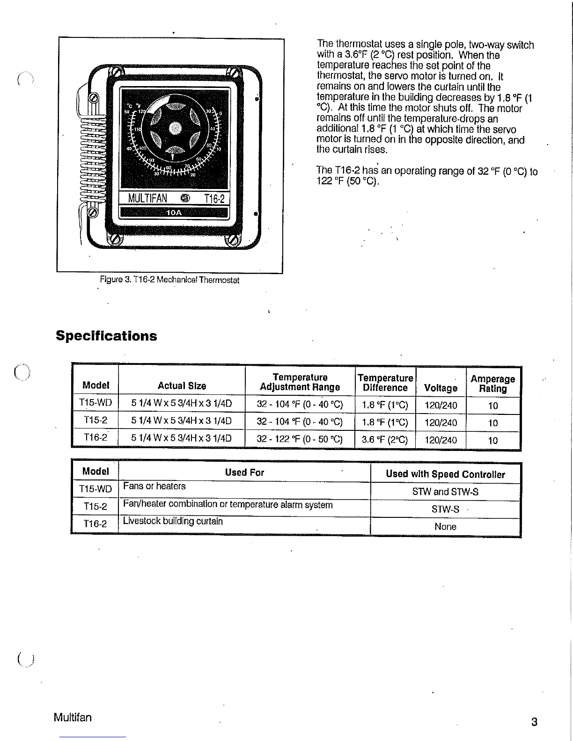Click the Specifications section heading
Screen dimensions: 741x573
106,336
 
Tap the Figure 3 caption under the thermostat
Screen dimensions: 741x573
169,280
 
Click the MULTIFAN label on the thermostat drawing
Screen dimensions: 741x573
148,198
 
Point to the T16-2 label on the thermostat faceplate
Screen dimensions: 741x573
214,199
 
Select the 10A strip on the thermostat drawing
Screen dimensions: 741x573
174,213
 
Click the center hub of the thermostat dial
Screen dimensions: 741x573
175,126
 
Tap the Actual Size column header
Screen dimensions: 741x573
182,386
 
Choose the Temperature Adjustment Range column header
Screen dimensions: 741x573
300,382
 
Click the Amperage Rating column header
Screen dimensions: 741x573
492,384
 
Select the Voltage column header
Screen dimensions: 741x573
440,388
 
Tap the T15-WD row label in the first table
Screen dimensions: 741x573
95,402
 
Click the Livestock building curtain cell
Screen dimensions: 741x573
173,521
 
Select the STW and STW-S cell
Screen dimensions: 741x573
445,492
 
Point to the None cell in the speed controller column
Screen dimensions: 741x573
445,526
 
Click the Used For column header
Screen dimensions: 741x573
244,472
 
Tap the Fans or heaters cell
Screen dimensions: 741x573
154,486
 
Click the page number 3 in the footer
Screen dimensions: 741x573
534,722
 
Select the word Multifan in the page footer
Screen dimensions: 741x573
73,717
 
